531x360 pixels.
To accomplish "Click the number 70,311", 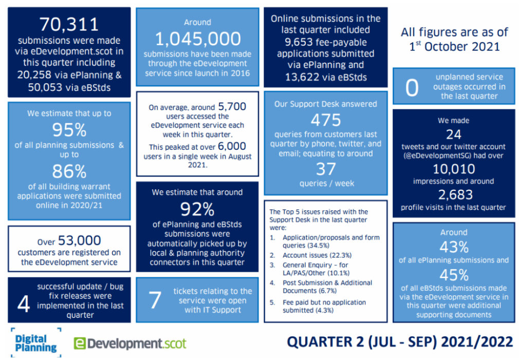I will (69, 24).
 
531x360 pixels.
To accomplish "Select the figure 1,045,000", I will (198, 39).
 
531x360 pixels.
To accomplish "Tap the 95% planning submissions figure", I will (69, 129).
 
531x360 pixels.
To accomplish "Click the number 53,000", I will (79, 240).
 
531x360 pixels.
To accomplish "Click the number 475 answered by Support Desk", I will (325, 120).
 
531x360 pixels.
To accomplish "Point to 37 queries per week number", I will (325, 169).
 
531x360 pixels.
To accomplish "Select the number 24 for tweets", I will (453, 135).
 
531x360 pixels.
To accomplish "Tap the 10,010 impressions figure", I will (453, 169).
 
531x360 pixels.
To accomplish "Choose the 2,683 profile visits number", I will (453, 195).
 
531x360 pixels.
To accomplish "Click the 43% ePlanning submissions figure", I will (453, 246).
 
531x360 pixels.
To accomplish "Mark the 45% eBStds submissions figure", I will (453, 274).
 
